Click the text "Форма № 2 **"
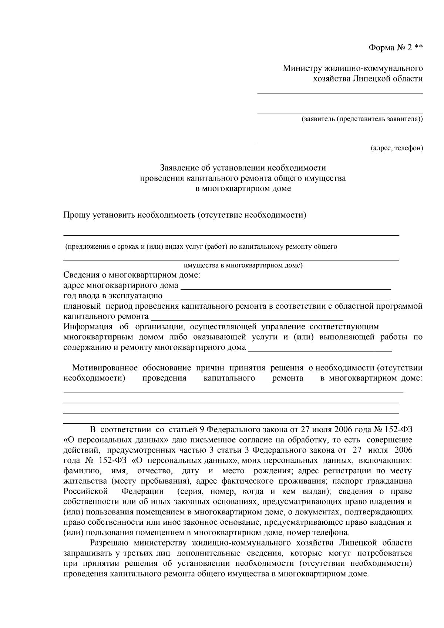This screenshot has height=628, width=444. coord(396,48)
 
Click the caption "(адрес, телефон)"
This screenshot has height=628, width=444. coord(397,148)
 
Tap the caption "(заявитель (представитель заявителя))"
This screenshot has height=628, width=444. coord(362,119)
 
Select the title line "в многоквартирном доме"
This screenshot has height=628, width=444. coord(243,189)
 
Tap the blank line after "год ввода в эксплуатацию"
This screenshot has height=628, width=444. coord(276,298)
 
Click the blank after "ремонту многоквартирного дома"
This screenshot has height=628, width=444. coord(320,350)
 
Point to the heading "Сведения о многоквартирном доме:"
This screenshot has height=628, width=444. coord(132,275)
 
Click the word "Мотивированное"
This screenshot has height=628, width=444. coord(105,368)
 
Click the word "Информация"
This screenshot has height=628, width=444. coord(88,327)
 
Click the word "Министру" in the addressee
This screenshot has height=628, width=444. coord(302,68)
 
